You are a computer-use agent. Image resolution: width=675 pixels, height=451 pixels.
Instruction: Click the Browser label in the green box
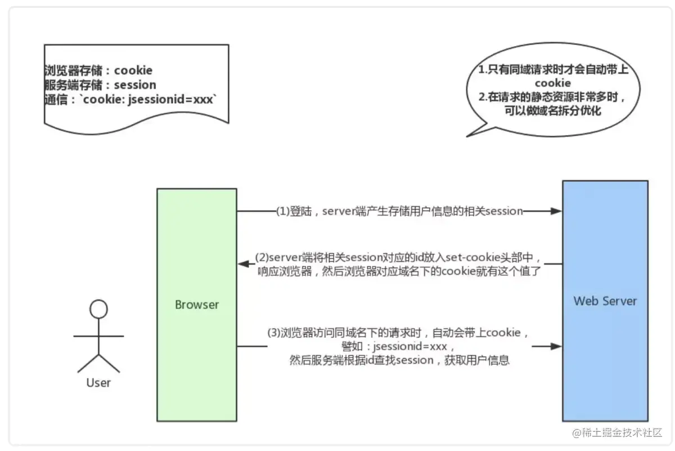click(x=197, y=305)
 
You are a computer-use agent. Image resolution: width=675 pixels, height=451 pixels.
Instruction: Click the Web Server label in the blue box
click(x=605, y=301)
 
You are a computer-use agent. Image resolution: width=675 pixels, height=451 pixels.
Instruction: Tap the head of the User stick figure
click(x=99, y=309)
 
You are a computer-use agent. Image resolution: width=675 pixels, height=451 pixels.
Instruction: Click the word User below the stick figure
click(x=98, y=383)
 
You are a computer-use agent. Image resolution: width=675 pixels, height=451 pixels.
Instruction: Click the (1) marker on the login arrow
click(x=282, y=211)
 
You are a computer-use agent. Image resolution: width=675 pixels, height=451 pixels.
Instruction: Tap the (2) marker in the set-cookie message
click(x=262, y=257)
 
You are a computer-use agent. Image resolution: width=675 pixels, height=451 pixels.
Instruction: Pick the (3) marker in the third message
click(x=273, y=333)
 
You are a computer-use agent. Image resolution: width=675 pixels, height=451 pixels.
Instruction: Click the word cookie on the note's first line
click(x=133, y=70)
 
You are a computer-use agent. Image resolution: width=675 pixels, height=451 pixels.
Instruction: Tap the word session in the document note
click(x=135, y=85)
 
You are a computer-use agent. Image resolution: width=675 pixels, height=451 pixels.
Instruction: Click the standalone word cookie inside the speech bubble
click(x=552, y=84)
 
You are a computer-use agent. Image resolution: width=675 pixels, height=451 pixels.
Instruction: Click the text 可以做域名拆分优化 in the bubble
click(x=553, y=110)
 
